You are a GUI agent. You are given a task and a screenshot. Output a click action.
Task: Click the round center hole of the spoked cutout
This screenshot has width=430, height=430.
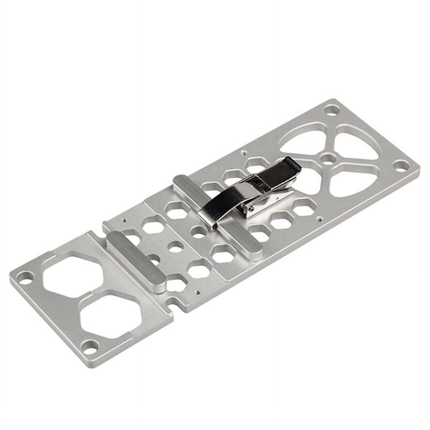pos(327,158)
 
